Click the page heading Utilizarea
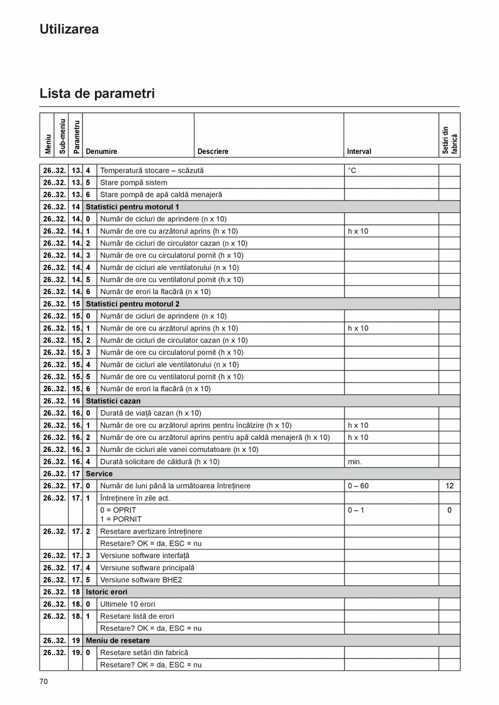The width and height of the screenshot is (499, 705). point(69,29)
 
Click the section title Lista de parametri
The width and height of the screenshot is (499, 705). point(97,93)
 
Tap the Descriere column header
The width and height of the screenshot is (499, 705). point(213,152)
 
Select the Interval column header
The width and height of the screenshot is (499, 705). point(359,152)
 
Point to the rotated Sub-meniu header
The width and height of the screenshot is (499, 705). point(62,135)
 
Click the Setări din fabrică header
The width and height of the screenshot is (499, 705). point(450,140)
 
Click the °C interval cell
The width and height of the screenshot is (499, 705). point(352,171)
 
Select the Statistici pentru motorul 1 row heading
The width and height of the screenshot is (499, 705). point(132,207)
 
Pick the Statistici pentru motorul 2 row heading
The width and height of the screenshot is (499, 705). point(132,304)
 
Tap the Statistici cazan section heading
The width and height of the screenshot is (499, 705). point(113,401)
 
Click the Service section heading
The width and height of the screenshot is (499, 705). point(99,474)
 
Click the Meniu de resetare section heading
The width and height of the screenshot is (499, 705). point(118,641)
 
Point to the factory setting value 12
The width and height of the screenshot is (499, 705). point(449,486)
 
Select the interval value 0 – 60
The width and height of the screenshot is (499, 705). point(358,486)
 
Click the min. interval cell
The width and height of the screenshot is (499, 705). point(355,462)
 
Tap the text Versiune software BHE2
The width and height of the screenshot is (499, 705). point(141,580)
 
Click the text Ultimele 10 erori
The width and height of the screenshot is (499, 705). point(128,604)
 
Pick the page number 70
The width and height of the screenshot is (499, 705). point(43,682)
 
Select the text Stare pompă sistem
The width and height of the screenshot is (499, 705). point(133,183)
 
